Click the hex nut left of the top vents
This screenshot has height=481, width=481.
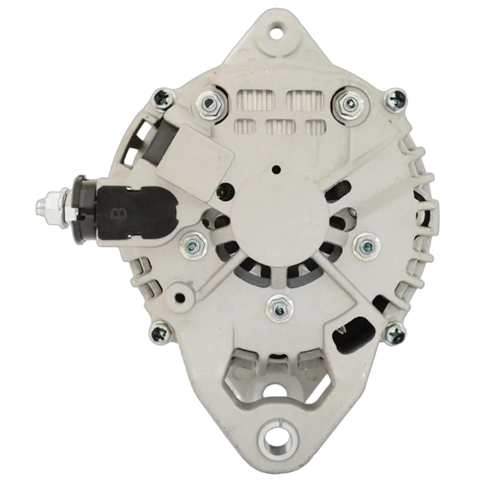(x=210, y=104)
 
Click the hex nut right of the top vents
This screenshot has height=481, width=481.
(x=349, y=103)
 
